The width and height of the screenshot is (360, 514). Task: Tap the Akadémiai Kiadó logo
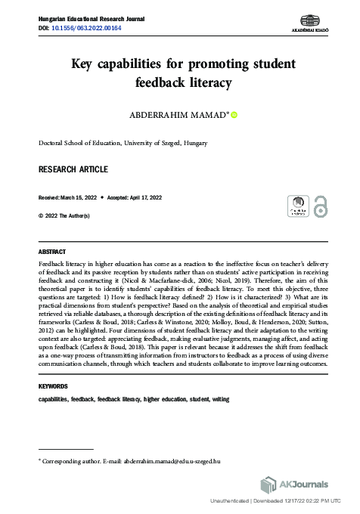[x=309, y=22]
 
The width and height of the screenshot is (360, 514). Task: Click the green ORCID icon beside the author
[x=234, y=115]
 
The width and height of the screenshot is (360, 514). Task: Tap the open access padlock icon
[x=321, y=206]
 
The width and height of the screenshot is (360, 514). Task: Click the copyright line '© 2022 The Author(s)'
[x=64, y=215]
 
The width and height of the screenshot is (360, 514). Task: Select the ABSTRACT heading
[x=51, y=251]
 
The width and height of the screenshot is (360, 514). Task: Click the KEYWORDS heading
[x=54, y=386]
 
